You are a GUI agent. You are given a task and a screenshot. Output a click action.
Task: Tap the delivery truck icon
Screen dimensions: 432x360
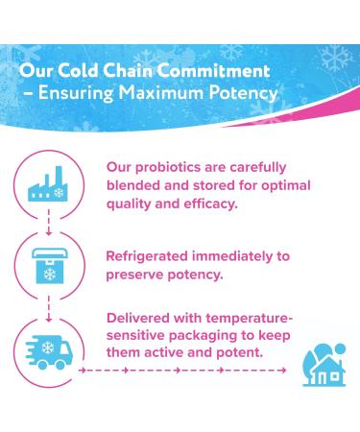48,349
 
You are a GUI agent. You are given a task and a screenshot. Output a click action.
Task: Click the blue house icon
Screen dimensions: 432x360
324,364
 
